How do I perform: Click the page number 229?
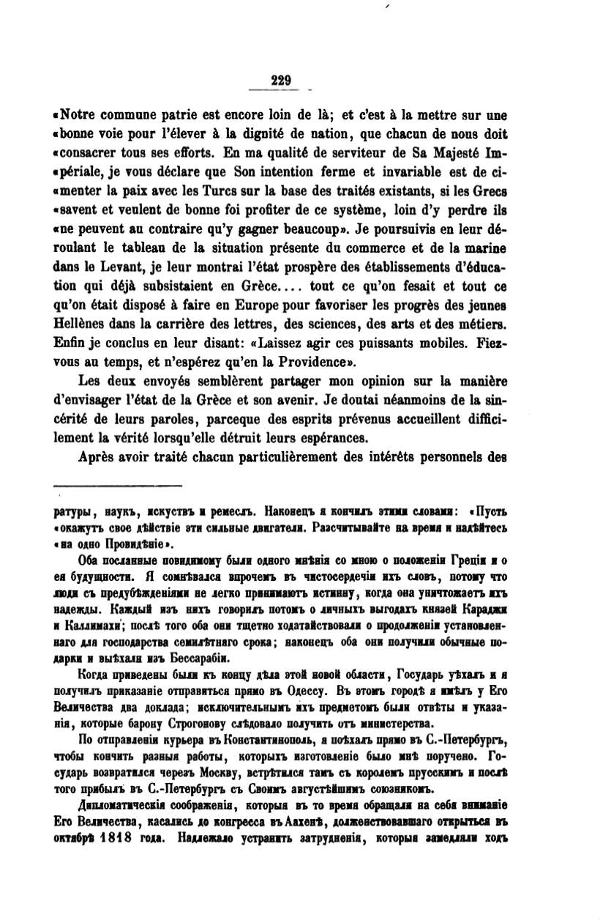280,81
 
